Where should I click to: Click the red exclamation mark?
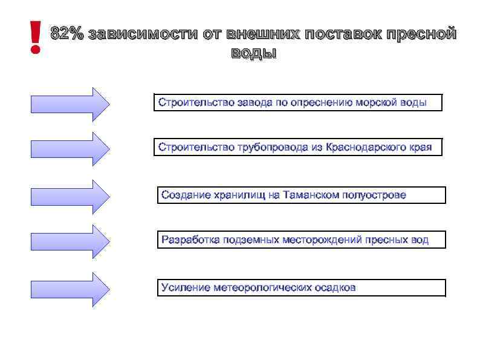36,37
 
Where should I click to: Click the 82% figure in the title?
67,34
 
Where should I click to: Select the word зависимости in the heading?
143,34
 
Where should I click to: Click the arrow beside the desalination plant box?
70,104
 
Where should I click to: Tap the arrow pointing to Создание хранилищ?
70,196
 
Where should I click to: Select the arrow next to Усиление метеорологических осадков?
70,289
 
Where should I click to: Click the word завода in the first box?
255,102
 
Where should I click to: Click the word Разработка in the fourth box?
190,240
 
